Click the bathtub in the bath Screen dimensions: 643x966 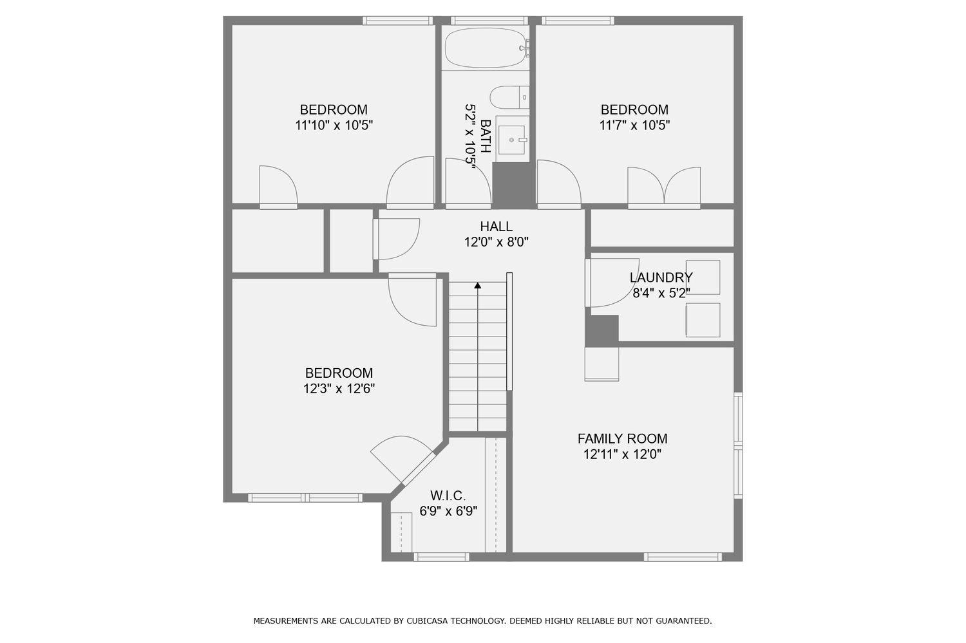tap(485, 48)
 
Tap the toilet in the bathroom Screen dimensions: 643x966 tap(508, 98)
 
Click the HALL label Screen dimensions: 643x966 tap(496, 227)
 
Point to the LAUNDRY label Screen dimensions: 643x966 tap(661, 278)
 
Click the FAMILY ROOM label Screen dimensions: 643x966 tap(622, 439)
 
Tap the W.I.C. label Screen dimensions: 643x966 tap(448, 496)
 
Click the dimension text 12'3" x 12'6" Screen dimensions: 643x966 tap(339, 389)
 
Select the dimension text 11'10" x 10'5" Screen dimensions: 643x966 tap(334, 126)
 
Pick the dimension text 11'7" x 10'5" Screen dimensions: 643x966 tap(634, 126)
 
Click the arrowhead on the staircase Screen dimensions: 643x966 tap(478, 285)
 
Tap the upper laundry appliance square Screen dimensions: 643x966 tap(703, 277)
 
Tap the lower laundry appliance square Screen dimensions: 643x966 tap(703, 320)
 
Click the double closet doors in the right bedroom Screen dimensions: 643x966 tap(664, 187)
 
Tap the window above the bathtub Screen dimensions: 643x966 tap(489, 21)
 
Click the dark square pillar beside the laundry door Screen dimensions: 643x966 tap(601, 331)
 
